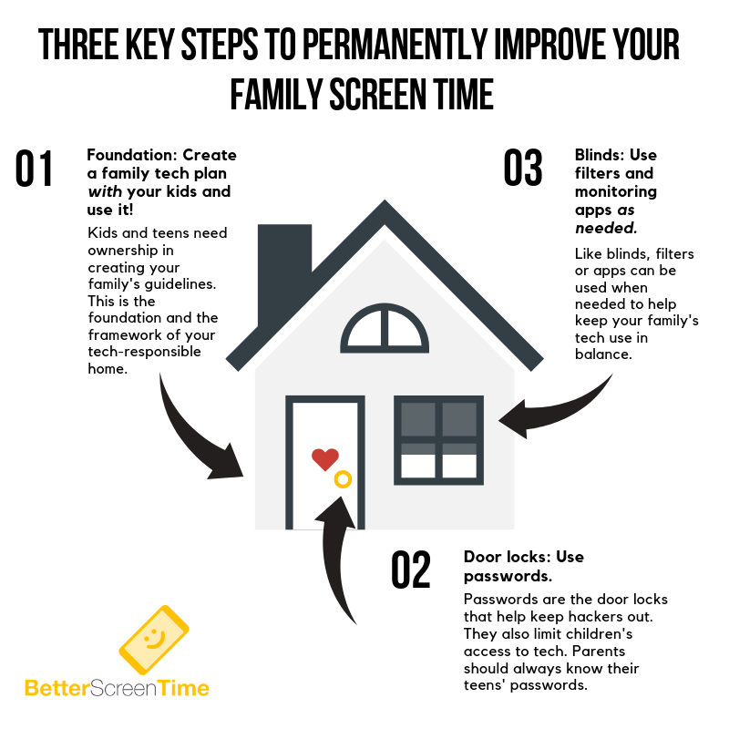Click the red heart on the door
(325, 459)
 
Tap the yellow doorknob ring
(344, 473)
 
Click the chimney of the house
(283, 261)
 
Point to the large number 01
(34, 169)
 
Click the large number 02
(411, 570)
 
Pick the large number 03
(523, 168)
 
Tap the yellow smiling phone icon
(154, 640)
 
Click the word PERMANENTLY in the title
(395, 45)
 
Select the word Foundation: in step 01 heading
(132, 155)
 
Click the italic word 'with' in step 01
(105, 191)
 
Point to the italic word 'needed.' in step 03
(606, 229)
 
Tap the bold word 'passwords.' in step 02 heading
(508, 577)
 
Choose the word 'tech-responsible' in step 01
(145, 352)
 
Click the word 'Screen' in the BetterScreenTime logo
(123, 688)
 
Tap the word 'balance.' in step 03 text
(603, 354)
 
